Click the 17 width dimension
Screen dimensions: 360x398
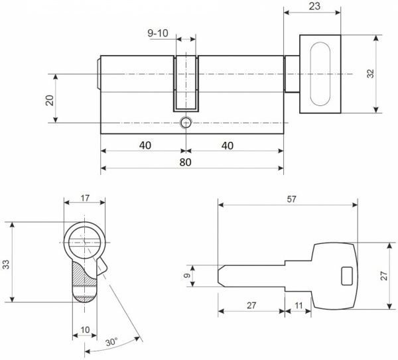tap(86, 197)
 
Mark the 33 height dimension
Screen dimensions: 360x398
tap(6, 263)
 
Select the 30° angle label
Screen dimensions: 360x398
tap(111, 343)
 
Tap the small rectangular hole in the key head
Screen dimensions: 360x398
tap(345, 273)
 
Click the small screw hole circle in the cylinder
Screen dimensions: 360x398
tap(186, 123)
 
